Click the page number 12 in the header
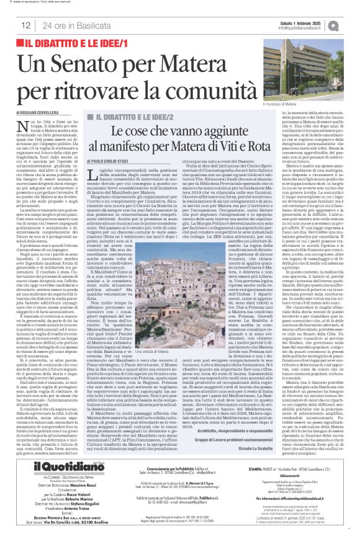click(x=25, y=25)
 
